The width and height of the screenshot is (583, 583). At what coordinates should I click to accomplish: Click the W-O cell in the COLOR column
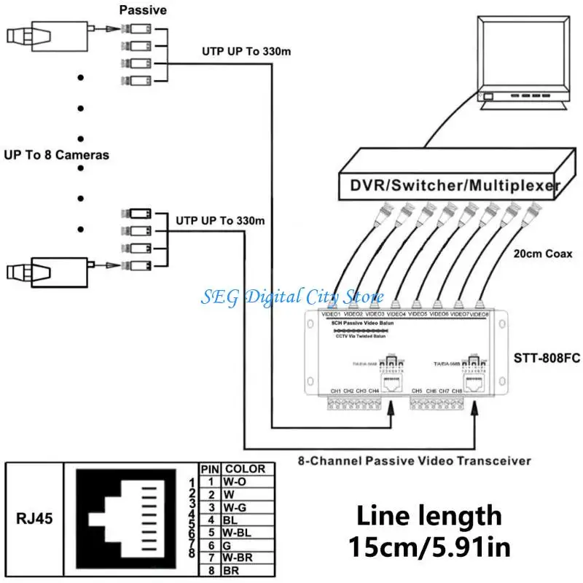235,482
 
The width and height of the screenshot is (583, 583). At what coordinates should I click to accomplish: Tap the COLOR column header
245,469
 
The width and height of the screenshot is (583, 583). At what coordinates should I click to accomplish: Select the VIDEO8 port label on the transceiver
478,314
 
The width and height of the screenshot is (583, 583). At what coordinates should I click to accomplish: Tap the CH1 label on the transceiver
336,391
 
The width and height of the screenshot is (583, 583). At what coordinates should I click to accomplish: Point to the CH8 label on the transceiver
457,391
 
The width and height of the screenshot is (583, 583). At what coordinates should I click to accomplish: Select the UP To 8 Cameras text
56,154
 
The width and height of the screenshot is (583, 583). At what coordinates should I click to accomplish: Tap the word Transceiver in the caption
492,461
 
